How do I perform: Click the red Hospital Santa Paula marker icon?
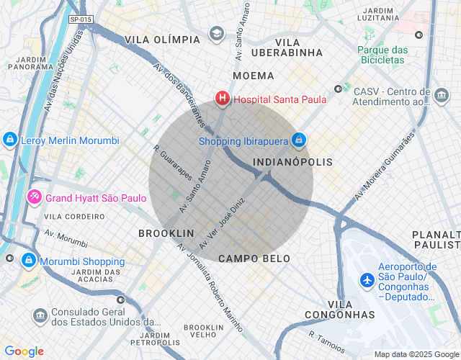click(x=223, y=98)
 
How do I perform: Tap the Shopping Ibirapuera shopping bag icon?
click(x=299, y=140)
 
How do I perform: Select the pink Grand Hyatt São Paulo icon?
click(x=34, y=197)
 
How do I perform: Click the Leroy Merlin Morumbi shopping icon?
click(x=9, y=140)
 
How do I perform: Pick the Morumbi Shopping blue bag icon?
click(x=28, y=260)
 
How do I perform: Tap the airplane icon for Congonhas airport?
click(x=367, y=279)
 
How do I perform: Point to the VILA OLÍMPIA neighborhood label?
click(x=162, y=39)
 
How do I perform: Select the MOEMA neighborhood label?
click(x=253, y=76)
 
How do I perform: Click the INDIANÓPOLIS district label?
click(x=293, y=162)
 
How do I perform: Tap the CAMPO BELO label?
click(x=254, y=258)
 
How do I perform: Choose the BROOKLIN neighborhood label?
click(x=166, y=233)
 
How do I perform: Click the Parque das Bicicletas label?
click(x=382, y=55)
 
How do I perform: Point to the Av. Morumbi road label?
click(x=66, y=238)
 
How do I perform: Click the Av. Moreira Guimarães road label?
click(x=385, y=166)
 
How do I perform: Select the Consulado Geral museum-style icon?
click(x=40, y=315)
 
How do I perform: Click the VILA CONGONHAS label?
click(x=339, y=310)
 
